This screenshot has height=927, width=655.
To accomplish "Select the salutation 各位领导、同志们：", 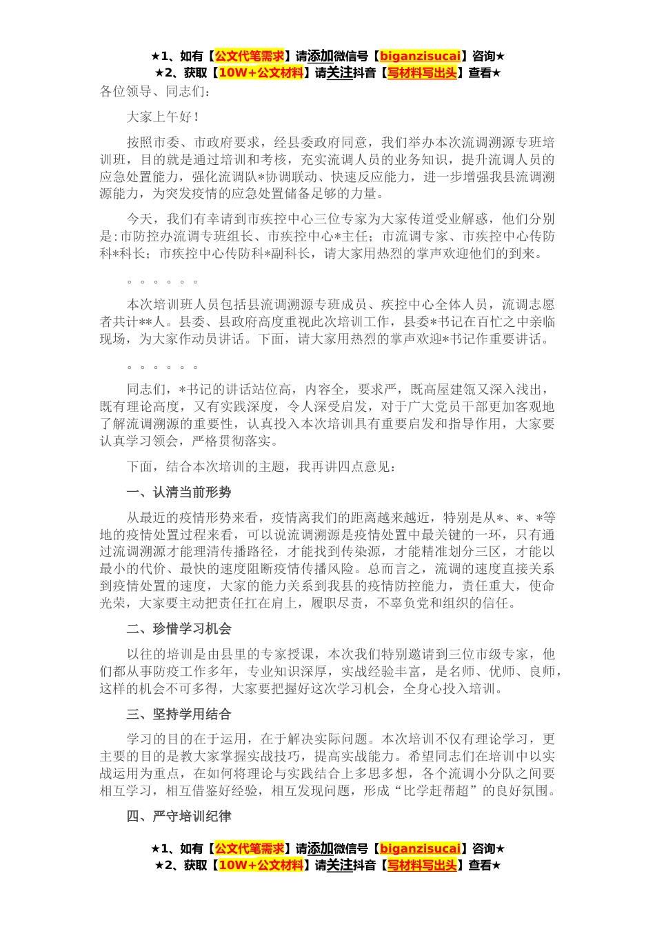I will pos(155,92).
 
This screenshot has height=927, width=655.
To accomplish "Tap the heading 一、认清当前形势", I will pos(179,492).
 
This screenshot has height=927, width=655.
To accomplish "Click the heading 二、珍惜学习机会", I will pos(179,629).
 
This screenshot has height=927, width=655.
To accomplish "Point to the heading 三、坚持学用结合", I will pos(179,715).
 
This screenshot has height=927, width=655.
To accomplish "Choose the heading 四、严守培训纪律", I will pos(179,817).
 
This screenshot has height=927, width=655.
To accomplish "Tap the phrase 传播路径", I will pos(239,552).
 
